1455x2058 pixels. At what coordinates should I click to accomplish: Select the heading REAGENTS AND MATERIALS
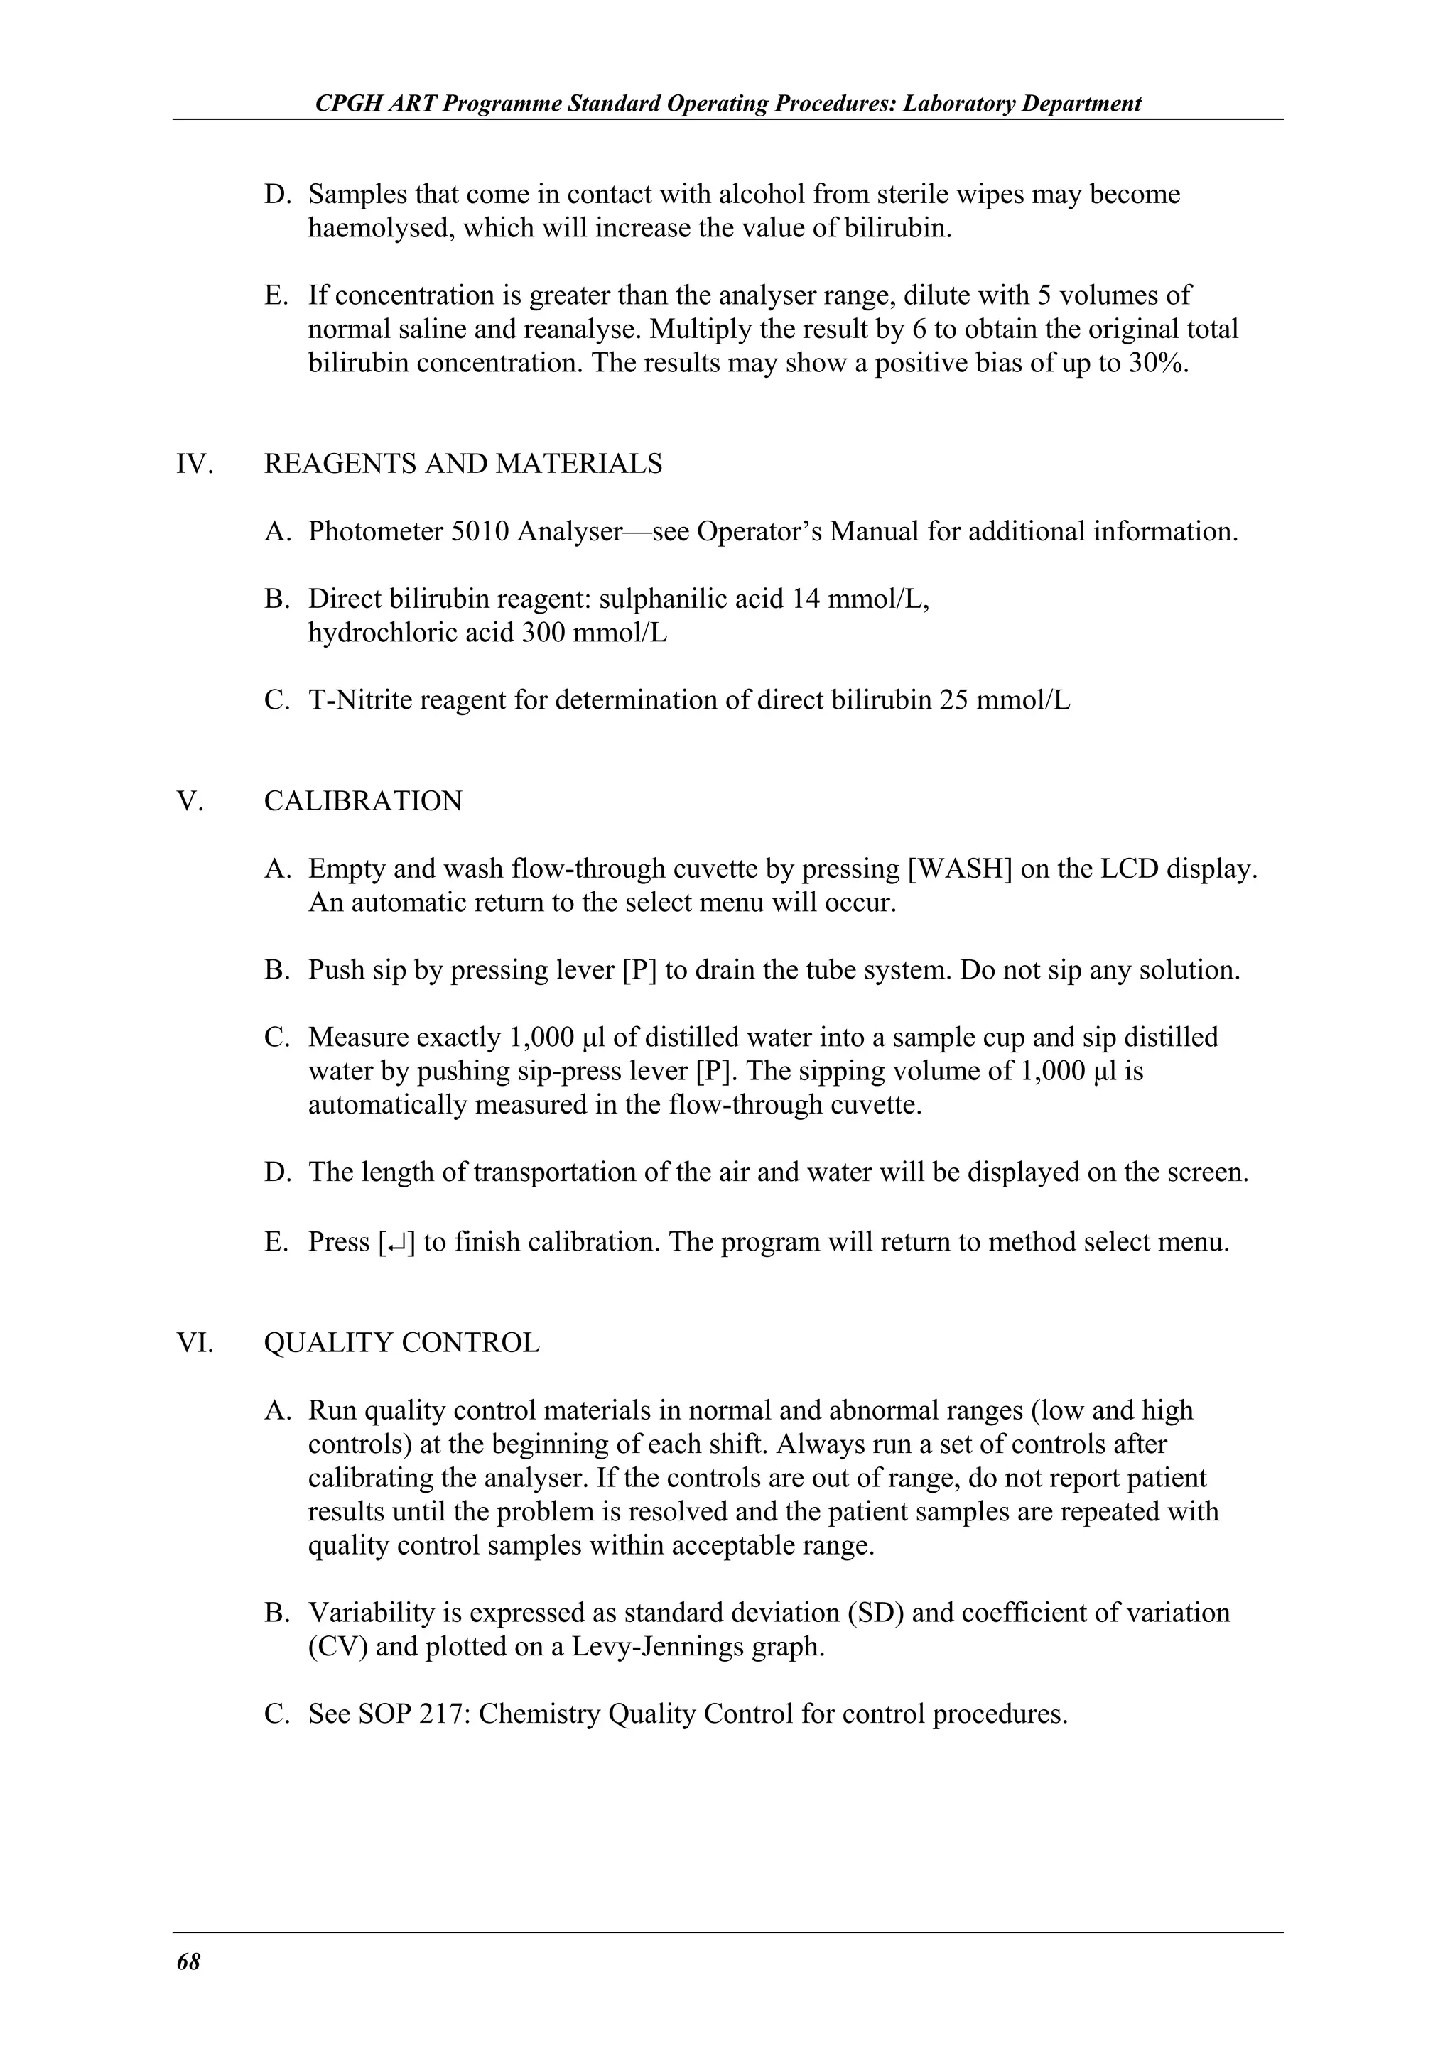463,464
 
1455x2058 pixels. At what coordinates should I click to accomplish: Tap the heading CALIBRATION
362,800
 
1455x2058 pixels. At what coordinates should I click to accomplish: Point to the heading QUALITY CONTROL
401,1343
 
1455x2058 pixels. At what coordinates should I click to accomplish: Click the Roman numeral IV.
194,464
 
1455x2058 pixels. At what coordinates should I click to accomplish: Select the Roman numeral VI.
195,1343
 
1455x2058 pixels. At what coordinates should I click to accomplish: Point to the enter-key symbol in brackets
397,1242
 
